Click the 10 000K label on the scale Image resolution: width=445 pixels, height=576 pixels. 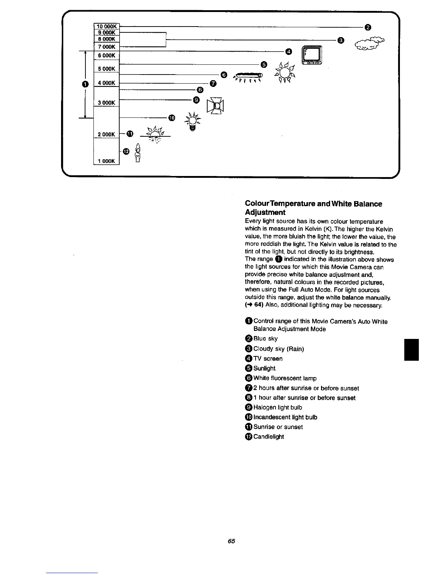point(107,26)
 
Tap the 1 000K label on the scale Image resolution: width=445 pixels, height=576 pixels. point(107,161)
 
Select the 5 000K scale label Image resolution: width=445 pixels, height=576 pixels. point(107,69)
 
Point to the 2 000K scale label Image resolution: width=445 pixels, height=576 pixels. point(107,134)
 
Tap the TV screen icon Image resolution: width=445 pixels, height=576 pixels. point(312,56)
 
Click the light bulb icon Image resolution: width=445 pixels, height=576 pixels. point(193,121)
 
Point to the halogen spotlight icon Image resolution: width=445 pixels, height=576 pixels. point(215,106)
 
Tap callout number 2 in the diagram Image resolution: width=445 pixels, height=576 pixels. point(368,27)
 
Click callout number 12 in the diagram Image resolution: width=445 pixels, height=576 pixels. point(126,152)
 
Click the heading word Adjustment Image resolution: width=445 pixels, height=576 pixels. point(265,212)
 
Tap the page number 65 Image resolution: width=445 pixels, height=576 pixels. point(232,541)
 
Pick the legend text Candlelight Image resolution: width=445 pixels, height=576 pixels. point(268,437)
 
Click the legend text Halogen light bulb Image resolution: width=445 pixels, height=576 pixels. point(277,407)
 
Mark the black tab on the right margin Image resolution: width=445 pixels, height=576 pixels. point(412,349)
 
